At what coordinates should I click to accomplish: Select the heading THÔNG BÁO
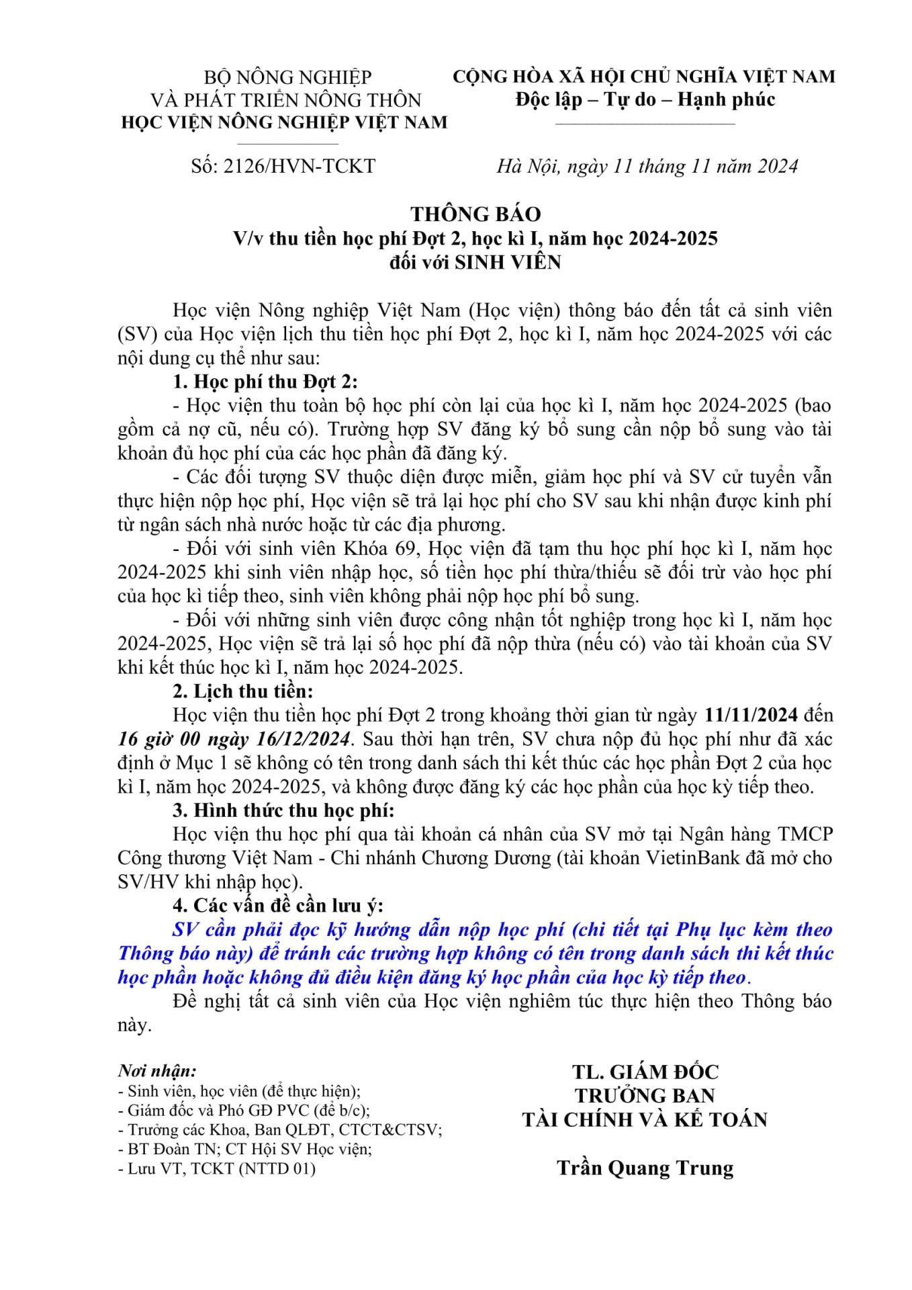[475, 214]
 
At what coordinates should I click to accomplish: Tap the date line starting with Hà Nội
[647, 166]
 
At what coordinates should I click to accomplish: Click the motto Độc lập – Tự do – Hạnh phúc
[645, 99]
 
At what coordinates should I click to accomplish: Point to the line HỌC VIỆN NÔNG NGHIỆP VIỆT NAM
[283, 122]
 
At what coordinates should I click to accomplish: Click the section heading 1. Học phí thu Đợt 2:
[265, 382]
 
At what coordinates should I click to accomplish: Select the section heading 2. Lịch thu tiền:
[242, 691]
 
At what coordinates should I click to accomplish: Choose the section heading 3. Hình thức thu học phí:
[283, 810]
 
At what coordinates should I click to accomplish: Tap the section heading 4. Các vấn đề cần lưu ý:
[278, 906]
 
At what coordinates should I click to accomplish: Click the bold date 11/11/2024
[751, 715]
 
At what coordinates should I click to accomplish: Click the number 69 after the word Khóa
[405, 548]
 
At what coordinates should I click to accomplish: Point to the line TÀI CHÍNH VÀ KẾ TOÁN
[645, 1120]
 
